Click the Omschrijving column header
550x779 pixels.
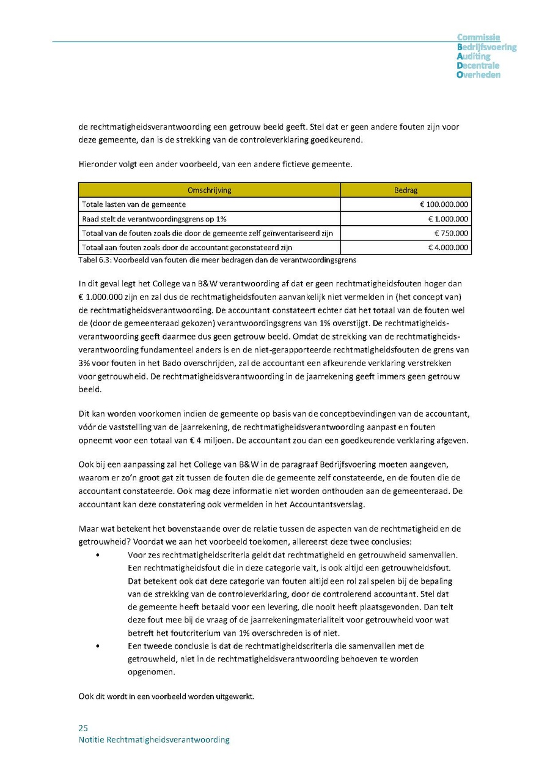(210, 190)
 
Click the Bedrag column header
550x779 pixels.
(406, 190)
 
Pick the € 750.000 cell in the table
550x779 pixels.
(451, 233)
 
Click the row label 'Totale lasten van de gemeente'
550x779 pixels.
(134, 204)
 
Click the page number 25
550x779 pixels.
(83, 728)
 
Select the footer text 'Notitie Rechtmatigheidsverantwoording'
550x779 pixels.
(154, 740)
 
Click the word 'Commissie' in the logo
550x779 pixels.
(479, 38)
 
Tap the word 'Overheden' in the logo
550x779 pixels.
(479, 75)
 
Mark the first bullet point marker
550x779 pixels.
(98, 555)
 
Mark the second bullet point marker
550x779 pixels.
(98, 646)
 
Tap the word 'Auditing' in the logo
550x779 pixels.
(474, 56)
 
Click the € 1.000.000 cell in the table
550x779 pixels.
(448, 219)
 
